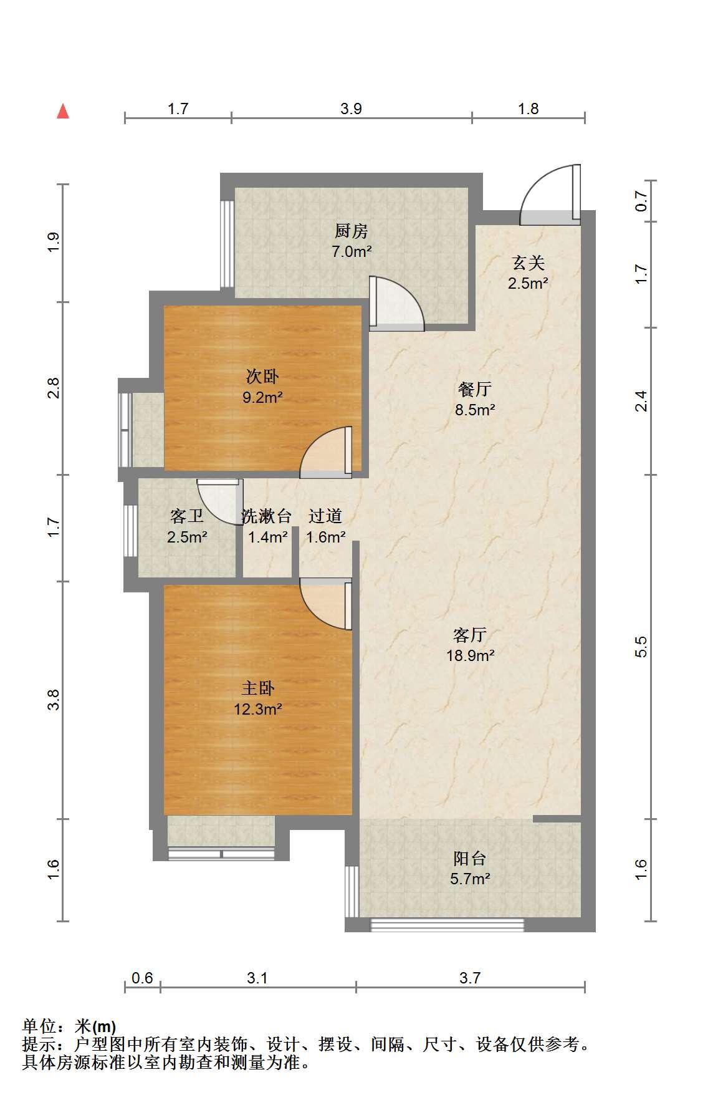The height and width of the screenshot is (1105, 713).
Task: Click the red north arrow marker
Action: coord(63,111)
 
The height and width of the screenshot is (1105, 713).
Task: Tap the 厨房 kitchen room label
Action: coord(352,231)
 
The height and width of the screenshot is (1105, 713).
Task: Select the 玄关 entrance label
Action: coord(529,263)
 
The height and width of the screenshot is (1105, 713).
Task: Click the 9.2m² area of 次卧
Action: coord(263,397)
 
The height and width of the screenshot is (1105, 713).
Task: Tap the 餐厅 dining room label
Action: coord(475,390)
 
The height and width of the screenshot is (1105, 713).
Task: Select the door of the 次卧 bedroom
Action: coord(326,452)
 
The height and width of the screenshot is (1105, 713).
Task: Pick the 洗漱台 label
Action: coord(267,516)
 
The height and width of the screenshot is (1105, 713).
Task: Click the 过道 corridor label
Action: coord(325,516)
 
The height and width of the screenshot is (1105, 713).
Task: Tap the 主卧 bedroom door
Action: coord(326,604)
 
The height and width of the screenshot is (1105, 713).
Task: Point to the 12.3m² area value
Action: coord(257,709)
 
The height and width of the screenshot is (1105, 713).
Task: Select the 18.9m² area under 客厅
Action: coord(471,655)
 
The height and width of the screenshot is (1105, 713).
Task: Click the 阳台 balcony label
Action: coord(470,859)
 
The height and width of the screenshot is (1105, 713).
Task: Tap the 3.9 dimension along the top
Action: coord(352,109)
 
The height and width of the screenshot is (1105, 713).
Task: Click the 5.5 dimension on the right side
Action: coord(641,647)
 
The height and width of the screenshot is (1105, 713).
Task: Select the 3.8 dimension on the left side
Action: coord(54,700)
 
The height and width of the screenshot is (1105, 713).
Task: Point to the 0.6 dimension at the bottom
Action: coord(143,978)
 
